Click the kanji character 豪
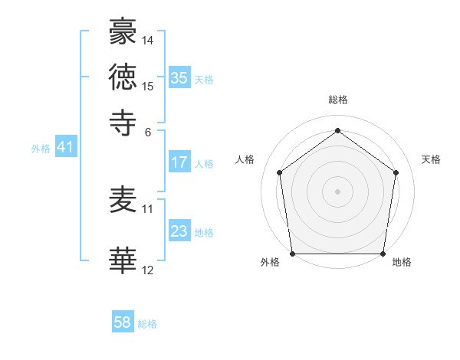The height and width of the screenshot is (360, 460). tap(123, 33)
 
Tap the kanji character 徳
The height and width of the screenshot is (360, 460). tap(123, 77)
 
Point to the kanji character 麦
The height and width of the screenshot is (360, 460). tap(123, 201)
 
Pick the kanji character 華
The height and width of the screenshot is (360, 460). tap(123, 261)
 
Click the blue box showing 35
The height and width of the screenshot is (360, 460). tap(179, 78)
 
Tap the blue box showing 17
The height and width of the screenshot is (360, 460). tap(179, 162)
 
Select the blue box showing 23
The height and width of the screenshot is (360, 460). tap(179, 231)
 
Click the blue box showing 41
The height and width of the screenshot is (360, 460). tap(65, 148)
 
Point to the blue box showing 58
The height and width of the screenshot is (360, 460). tap(123, 322)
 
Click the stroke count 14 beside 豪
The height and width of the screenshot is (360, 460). tap(148, 40)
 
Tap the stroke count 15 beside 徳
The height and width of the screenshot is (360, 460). tap(148, 85)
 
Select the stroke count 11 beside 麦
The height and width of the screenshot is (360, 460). tap(148, 208)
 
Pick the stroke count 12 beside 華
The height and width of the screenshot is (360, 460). tap(148, 270)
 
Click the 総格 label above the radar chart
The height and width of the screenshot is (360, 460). tap(338, 100)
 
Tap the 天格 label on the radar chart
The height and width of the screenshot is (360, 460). tap(431, 159)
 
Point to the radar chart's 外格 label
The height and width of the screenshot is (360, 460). tap(270, 263)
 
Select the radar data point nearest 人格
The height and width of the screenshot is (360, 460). tap(279, 172)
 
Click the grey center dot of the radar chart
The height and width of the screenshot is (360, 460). tap(337, 191)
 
